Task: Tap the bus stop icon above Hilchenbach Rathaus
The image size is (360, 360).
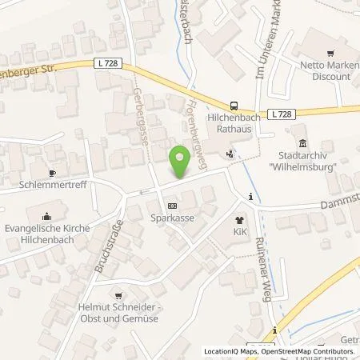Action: pos(234,105)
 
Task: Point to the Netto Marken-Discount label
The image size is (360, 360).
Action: pos(319,71)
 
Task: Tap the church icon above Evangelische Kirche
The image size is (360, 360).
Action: pos(46,215)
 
